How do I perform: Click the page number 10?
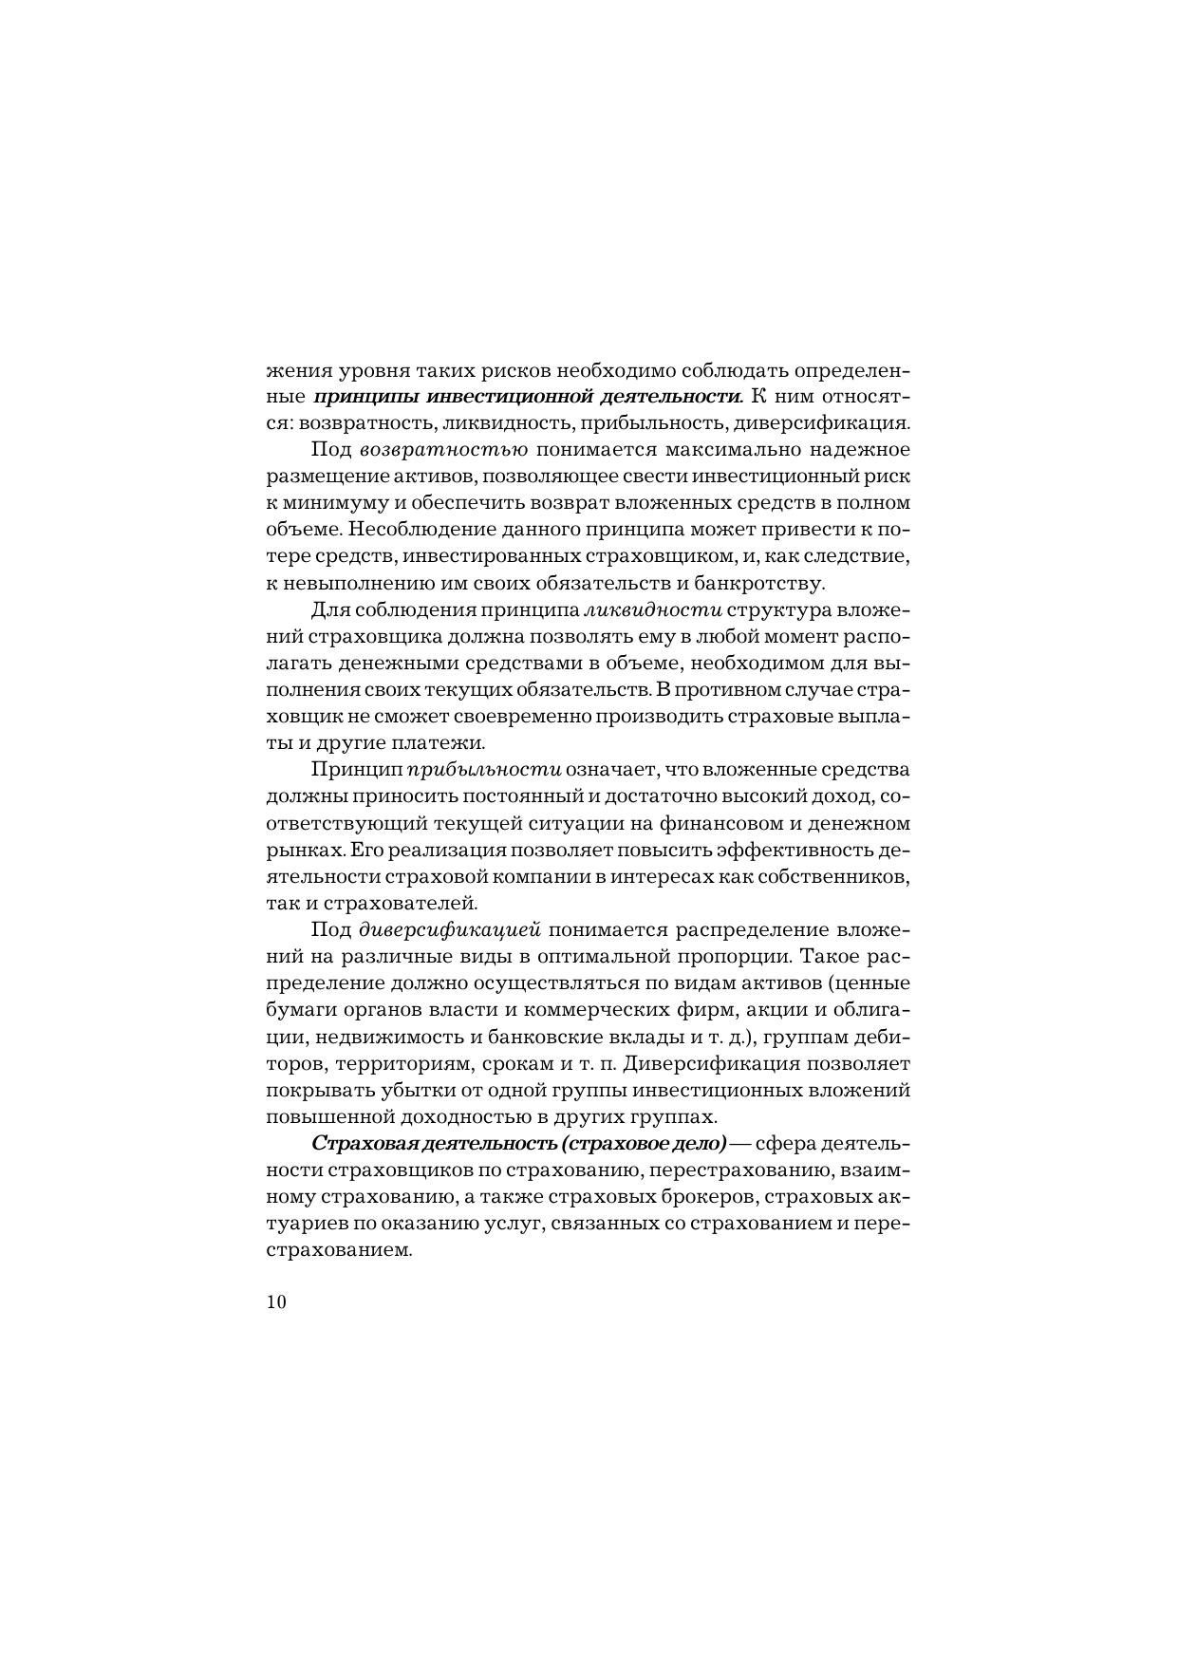point(276,1301)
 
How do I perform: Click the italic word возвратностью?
point(444,449)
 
